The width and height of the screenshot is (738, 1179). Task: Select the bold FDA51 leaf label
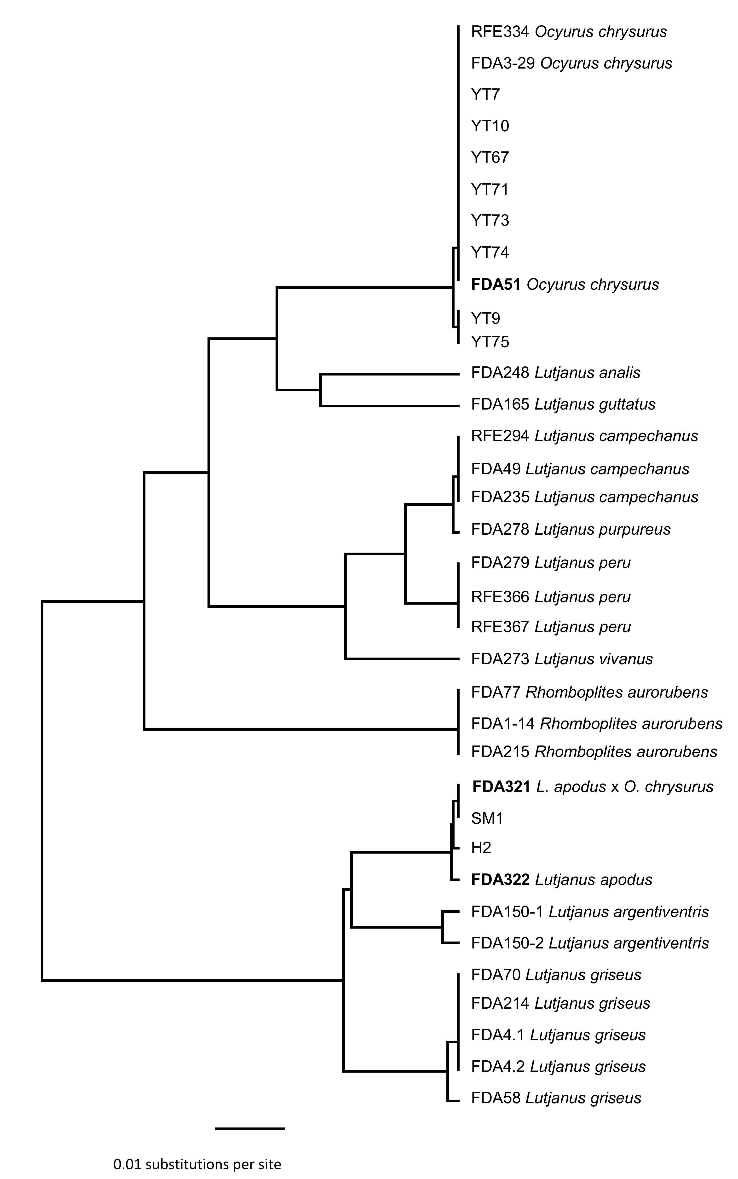click(565, 284)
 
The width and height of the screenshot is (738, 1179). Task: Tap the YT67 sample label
click(490, 158)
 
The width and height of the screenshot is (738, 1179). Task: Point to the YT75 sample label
click(490, 341)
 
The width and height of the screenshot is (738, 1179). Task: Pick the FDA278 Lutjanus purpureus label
click(571, 530)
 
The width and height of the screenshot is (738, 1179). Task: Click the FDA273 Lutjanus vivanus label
click(562, 659)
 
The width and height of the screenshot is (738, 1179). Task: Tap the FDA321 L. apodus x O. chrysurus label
click(593, 787)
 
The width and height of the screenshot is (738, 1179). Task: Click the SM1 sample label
click(487, 818)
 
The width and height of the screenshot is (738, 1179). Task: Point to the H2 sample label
click(481, 848)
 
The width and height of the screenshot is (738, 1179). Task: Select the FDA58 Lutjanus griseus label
click(556, 1098)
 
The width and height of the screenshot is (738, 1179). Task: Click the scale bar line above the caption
click(250, 1128)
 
